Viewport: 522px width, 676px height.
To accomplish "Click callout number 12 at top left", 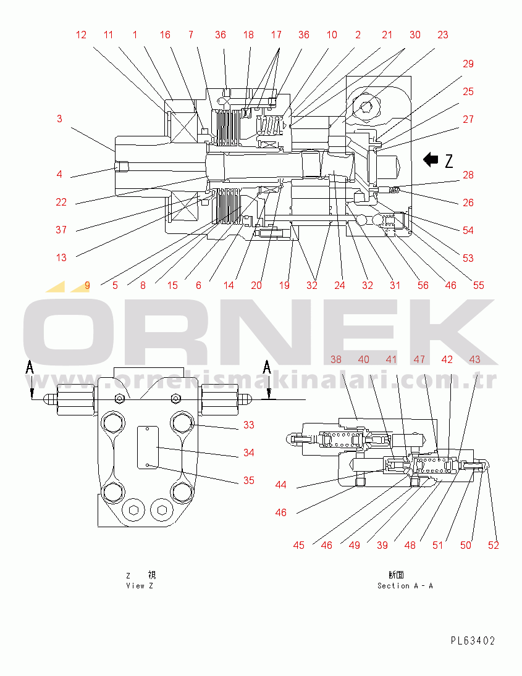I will pos(82,35).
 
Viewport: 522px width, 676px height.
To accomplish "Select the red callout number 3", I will pos(59,119).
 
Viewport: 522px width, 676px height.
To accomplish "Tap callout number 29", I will pos(468,64).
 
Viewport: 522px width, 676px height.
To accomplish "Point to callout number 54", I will pos(468,230).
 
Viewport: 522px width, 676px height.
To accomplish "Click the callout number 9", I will pos(87,285).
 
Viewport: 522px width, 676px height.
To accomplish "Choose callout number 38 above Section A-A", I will pos(336,359).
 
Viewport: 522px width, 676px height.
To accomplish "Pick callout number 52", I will pos(493,545).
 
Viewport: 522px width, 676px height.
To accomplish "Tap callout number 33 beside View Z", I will pos(248,425).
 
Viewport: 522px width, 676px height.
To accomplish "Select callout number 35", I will pos(248,480).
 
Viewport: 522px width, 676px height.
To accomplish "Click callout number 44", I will pos(281,485).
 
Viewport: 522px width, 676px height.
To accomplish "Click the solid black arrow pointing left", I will pos(431,161).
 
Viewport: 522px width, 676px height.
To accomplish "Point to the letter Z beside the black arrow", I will pos(449,161).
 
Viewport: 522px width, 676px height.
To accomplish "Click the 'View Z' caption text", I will pos(140,585).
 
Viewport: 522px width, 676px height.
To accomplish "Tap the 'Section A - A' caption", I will pos(405,585).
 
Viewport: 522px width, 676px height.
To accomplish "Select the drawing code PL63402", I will pos(473,641).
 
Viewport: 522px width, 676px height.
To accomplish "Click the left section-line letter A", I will pos(29,368).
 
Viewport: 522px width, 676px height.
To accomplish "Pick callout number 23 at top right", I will pos(442,35).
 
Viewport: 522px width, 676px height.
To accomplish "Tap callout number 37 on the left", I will pos(61,230).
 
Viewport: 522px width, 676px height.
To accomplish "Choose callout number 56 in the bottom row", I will pos(423,285).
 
